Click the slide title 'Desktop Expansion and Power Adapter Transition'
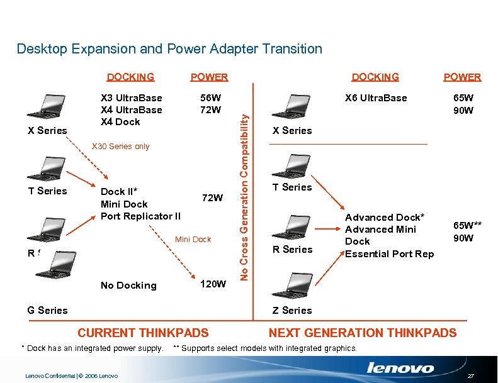(169, 48)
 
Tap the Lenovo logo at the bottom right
(400, 369)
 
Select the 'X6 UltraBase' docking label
(376, 98)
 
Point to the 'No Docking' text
(128, 286)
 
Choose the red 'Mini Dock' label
(193, 240)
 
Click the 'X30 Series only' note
(121, 147)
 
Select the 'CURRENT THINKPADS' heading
(143, 333)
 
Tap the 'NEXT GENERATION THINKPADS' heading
(363, 333)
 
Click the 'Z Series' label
(291, 310)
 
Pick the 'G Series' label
(47, 310)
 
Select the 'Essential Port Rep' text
(390, 254)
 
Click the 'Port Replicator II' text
(140, 216)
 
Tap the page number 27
(472, 375)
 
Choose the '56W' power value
(210, 98)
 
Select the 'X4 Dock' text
(120, 122)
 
